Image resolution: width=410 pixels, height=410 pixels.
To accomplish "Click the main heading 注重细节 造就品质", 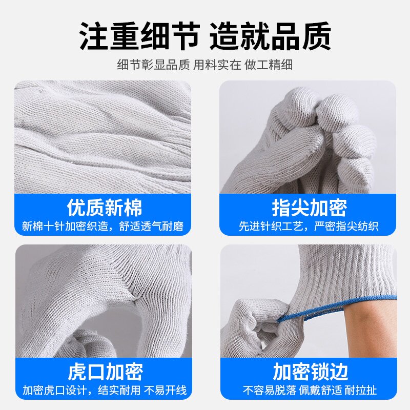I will click(x=205, y=36).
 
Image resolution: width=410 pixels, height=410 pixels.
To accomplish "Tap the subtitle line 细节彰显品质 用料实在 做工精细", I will click(x=205, y=65).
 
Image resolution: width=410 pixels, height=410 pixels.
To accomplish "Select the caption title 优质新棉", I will click(x=105, y=208).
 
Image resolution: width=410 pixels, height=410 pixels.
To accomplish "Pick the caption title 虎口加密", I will click(x=105, y=372).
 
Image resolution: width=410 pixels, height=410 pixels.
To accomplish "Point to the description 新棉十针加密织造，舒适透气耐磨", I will click(x=102, y=226).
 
